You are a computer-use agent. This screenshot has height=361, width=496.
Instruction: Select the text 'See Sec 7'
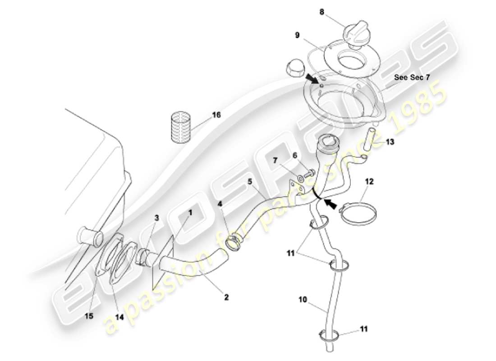(x=412, y=77)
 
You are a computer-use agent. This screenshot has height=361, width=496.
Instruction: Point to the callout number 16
(x=216, y=115)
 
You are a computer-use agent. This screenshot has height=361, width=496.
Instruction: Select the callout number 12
(x=369, y=182)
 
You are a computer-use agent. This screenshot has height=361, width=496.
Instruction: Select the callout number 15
(x=89, y=316)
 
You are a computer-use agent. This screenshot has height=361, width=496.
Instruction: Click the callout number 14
(x=119, y=317)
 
